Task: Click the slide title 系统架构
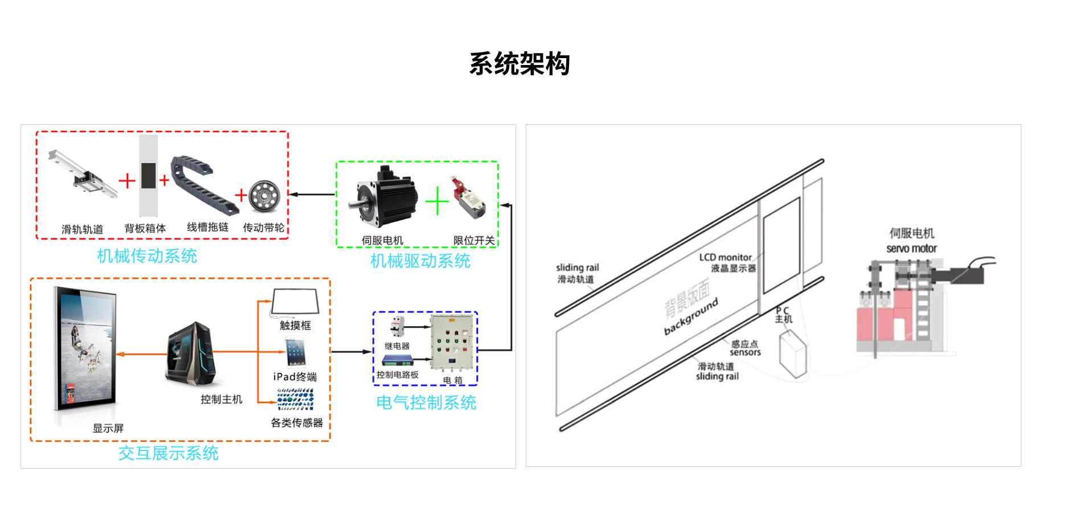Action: (519, 63)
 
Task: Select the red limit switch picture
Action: (469, 197)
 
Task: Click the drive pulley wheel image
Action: (264, 196)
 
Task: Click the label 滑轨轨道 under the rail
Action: (83, 229)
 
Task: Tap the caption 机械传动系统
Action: (147, 256)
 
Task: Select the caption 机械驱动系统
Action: (420, 261)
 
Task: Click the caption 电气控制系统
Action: (426, 403)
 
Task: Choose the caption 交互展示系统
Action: (169, 453)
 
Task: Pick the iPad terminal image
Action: (295, 352)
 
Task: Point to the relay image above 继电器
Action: (397, 327)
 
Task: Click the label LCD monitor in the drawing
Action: (725, 257)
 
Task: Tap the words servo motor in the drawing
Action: (911, 249)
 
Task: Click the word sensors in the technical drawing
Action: (745, 352)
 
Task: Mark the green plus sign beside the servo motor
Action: (437, 201)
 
